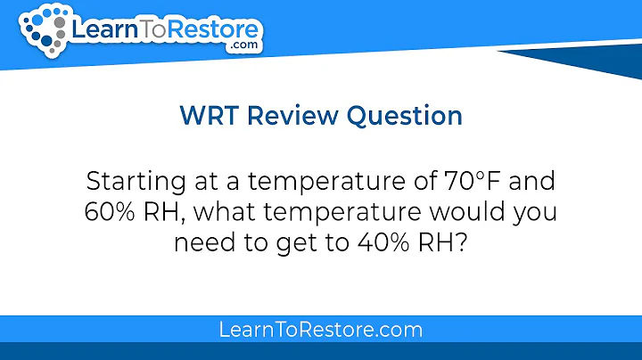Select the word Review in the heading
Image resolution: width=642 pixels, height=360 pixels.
pos(294,117)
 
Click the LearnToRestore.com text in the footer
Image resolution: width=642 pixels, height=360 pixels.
pos(320,330)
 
